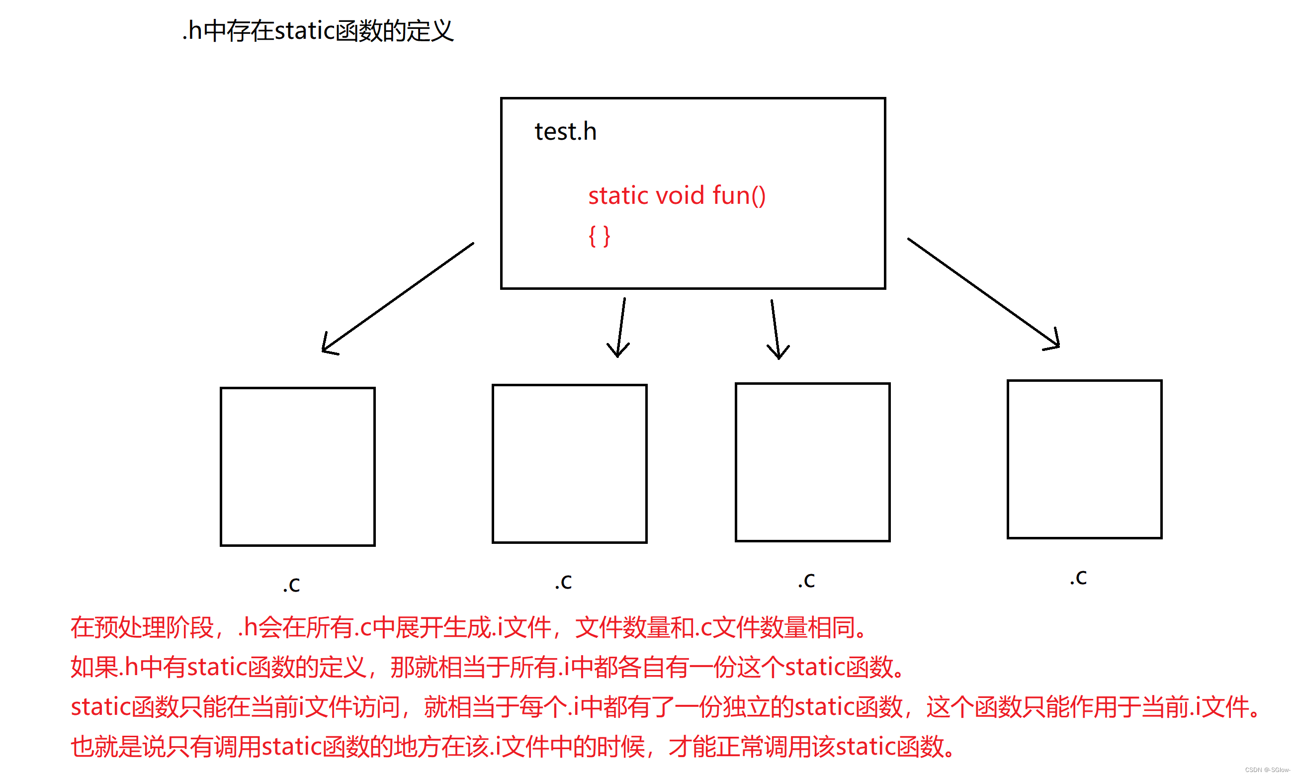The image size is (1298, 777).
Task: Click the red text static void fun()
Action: [x=677, y=195]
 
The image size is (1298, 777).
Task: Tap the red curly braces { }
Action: [x=599, y=236]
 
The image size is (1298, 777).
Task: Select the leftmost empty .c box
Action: [x=297, y=466]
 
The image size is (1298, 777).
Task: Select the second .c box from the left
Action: [x=569, y=463]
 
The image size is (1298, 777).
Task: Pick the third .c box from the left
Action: [x=812, y=462]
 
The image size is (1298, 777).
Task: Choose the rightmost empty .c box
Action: [x=1084, y=459]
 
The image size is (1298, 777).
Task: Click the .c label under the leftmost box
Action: [x=292, y=584]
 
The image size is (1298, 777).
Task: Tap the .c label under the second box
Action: [x=563, y=581]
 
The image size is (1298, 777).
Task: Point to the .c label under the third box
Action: [x=806, y=580]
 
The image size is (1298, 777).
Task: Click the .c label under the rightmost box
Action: [x=1078, y=577]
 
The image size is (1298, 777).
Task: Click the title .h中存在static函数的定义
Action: [x=317, y=30]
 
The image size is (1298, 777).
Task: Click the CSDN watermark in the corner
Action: [x=1267, y=770]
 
